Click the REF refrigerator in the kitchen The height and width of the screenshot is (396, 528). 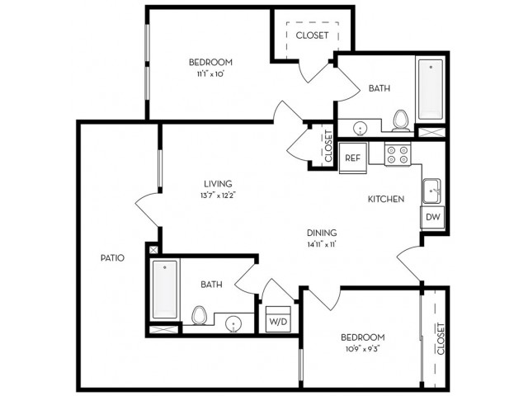click(x=352, y=158)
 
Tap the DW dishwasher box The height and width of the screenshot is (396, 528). click(x=432, y=217)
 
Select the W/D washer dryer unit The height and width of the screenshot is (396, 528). click(x=278, y=319)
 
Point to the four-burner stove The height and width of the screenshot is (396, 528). click(x=398, y=154)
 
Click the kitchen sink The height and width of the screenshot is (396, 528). click(x=431, y=191)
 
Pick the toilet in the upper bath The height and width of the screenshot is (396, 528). click(x=401, y=120)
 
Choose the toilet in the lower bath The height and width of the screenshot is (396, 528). click(x=199, y=315)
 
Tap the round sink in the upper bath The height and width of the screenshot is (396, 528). click(x=360, y=129)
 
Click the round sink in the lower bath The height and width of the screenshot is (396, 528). click(x=233, y=324)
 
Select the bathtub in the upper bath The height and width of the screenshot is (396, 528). click(x=431, y=89)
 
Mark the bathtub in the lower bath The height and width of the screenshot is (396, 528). click(x=165, y=290)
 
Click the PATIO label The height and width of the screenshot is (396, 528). click(x=112, y=258)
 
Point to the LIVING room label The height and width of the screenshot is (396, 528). click(x=218, y=184)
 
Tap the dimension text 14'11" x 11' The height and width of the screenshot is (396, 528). click(x=322, y=244)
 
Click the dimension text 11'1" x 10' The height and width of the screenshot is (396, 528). click(x=211, y=73)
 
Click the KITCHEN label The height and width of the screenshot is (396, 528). click(x=386, y=199)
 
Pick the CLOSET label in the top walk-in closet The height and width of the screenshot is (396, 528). click(x=312, y=35)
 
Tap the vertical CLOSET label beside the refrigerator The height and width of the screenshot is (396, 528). click(x=328, y=146)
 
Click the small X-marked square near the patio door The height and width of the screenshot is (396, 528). click(x=153, y=249)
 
